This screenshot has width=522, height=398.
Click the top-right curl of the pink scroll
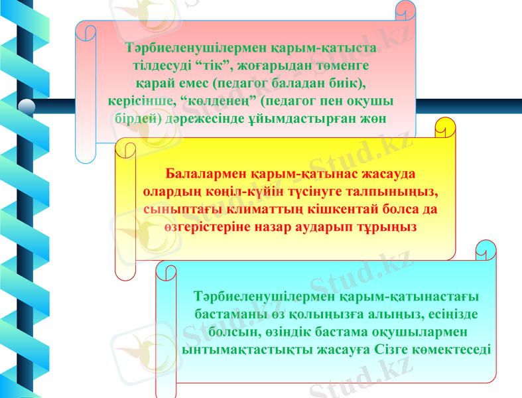tap(405, 9)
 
